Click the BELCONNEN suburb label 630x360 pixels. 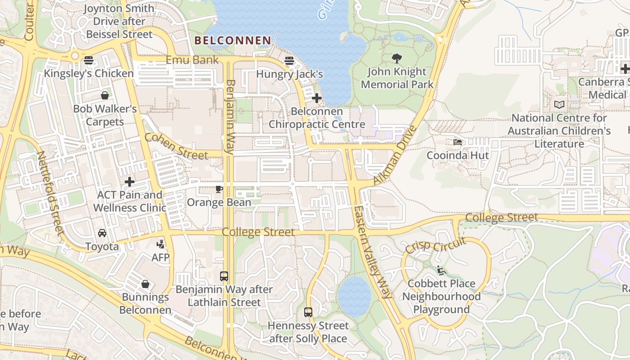point(233,40)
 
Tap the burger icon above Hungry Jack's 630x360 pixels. point(289,60)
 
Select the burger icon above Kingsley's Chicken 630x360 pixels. point(89,60)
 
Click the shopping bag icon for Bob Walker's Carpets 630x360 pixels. point(104,95)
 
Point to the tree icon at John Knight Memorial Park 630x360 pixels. point(396,58)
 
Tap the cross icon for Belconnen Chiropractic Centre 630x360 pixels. point(316,98)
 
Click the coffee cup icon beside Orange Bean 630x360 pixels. point(219,189)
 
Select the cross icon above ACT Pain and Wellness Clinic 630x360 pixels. point(130,182)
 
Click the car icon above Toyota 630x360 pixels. point(102,233)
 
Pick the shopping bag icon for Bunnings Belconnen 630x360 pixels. point(145,284)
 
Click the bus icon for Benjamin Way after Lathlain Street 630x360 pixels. point(224,276)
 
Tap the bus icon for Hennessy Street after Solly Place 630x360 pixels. point(308,312)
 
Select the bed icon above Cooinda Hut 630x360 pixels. point(458,142)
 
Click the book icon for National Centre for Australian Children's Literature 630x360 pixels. point(559,104)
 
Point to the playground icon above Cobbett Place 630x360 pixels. point(441,270)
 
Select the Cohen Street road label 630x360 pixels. point(176,146)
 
